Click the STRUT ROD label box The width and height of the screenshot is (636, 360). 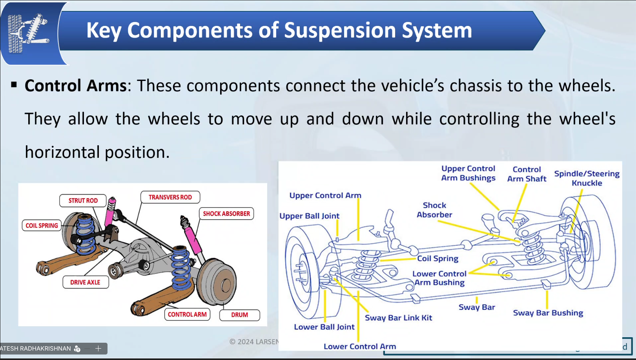(x=83, y=201)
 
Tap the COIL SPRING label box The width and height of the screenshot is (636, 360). (x=42, y=225)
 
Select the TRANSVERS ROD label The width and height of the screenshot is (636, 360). (x=170, y=197)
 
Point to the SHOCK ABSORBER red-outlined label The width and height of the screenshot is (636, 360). (x=226, y=214)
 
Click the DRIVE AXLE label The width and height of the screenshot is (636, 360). (x=85, y=282)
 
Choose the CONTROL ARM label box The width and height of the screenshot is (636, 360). (x=187, y=314)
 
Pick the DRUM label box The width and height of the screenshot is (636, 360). (x=239, y=315)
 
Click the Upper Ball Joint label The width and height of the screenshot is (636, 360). (x=309, y=216)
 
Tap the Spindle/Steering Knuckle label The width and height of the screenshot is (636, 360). (x=587, y=178)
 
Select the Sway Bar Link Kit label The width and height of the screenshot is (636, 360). (x=398, y=318)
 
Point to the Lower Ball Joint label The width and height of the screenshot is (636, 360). (x=324, y=327)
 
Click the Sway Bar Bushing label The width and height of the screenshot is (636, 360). (x=548, y=313)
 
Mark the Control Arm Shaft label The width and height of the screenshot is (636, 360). (x=527, y=174)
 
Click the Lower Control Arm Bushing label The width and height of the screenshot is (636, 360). (x=439, y=278)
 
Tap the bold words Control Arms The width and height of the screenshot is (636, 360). (x=76, y=86)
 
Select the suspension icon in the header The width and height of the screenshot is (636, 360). (x=28, y=33)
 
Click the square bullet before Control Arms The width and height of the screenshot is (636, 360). (x=15, y=84)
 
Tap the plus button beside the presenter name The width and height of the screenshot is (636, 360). (x=98, y=348)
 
